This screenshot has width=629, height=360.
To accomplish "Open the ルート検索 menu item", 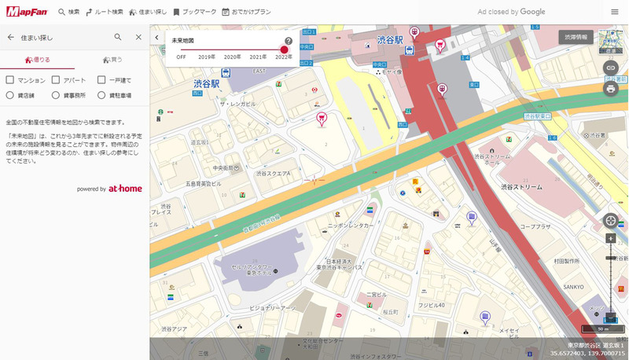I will [104, 12].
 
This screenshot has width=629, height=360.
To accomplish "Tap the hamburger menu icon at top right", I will [614, 12].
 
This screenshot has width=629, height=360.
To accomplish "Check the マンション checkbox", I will [10, 79].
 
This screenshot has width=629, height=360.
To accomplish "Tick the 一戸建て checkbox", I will [101, 79].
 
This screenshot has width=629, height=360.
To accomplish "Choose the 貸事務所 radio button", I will [56, 95].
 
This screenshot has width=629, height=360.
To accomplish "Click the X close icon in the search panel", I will [138, 37].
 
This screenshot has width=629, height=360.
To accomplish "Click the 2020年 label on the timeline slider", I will [233, 57].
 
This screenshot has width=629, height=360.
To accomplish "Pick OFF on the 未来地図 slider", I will [182, 57].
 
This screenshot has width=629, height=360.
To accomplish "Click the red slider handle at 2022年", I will [284, 50].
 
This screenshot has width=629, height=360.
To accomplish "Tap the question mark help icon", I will [289, 41].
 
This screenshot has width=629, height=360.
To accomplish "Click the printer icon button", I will [610, 88].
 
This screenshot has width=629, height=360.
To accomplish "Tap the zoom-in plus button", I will [610, 238].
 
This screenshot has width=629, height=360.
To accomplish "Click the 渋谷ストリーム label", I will [520, 187].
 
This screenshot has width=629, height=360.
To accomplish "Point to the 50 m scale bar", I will [602, 329].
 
